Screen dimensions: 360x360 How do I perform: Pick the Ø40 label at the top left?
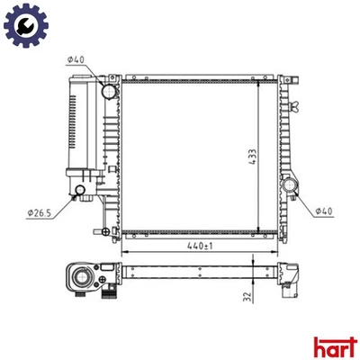[x=76, y=60]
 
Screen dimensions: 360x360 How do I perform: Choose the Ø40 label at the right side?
[x=325, y=211]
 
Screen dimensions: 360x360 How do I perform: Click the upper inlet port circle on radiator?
[x=110, y=91]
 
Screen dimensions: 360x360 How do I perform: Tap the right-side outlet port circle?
[x=292, y=186]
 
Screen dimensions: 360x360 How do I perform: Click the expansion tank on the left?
[x=82, y=126]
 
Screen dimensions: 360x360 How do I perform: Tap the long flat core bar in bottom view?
[x=198, y=270]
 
